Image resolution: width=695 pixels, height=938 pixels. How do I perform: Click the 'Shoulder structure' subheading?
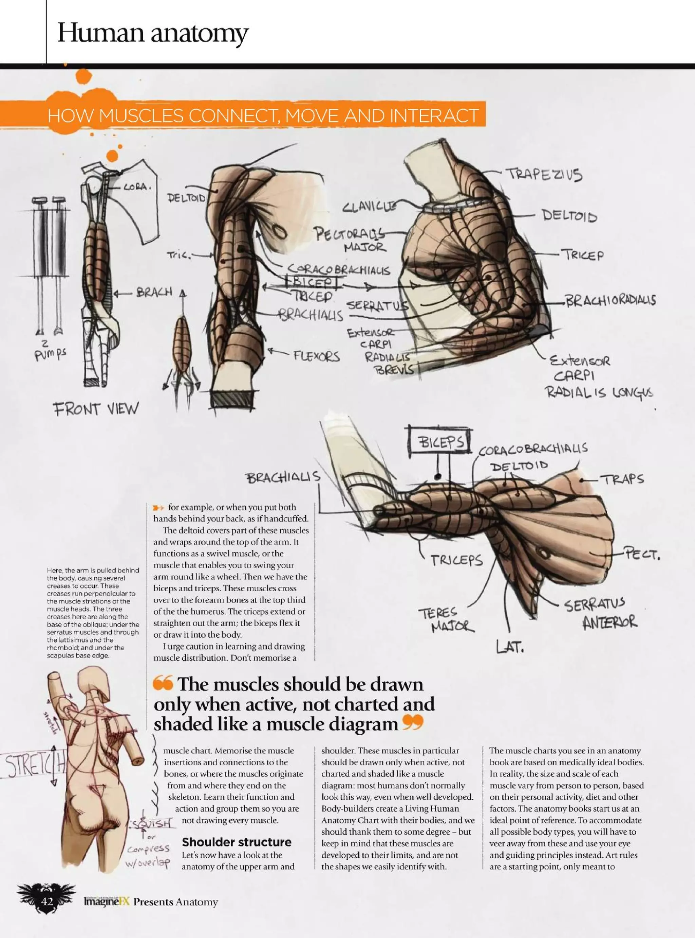click(237, 842)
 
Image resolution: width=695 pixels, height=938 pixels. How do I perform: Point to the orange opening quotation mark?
click(163, 683)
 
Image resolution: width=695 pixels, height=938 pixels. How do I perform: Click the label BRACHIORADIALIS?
click(610, 300)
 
